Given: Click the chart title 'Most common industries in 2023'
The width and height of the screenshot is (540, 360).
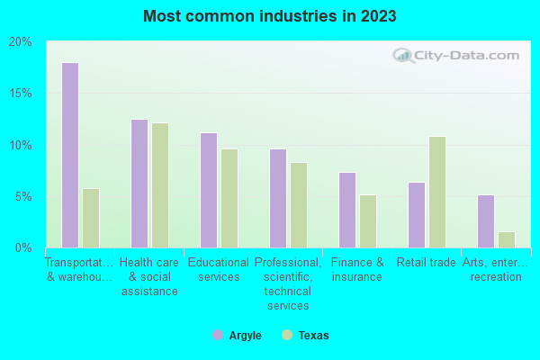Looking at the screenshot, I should click(x=269, y=16).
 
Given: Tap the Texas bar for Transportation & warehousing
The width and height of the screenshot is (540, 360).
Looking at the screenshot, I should click(x=91, y=218).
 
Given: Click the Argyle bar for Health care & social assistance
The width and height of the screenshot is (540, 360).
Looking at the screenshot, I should click(x=139, y=184).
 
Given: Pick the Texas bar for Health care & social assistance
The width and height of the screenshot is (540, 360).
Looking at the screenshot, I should click(x=160, y=185).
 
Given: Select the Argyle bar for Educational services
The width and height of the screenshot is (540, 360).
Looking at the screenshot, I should click(x=209, y=190).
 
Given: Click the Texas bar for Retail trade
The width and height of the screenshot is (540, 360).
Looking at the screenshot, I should click(x=437, y=192).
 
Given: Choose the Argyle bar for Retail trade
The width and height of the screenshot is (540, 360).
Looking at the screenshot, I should click(x=417, y=215).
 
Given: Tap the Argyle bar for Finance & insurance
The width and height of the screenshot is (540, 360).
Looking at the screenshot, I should click(x=347, y=210).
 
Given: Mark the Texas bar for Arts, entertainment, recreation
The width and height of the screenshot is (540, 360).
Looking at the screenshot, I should click(x=507, y=239).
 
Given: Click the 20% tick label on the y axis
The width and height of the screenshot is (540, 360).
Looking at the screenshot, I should click(x=21, y=42).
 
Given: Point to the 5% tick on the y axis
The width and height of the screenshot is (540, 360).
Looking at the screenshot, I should click(x=24, y=196).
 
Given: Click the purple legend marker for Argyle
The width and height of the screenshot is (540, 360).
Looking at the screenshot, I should click(x=218, y=335).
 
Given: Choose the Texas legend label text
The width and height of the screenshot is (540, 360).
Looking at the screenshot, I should click(x=314, y=336).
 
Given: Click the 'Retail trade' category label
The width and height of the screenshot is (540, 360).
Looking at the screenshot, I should click(x=427, y=263).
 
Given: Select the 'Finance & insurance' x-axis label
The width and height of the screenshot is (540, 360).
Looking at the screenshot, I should click(x=357, y=269).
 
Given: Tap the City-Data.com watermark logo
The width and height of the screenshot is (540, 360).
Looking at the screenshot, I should click(x=454, y=56).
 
